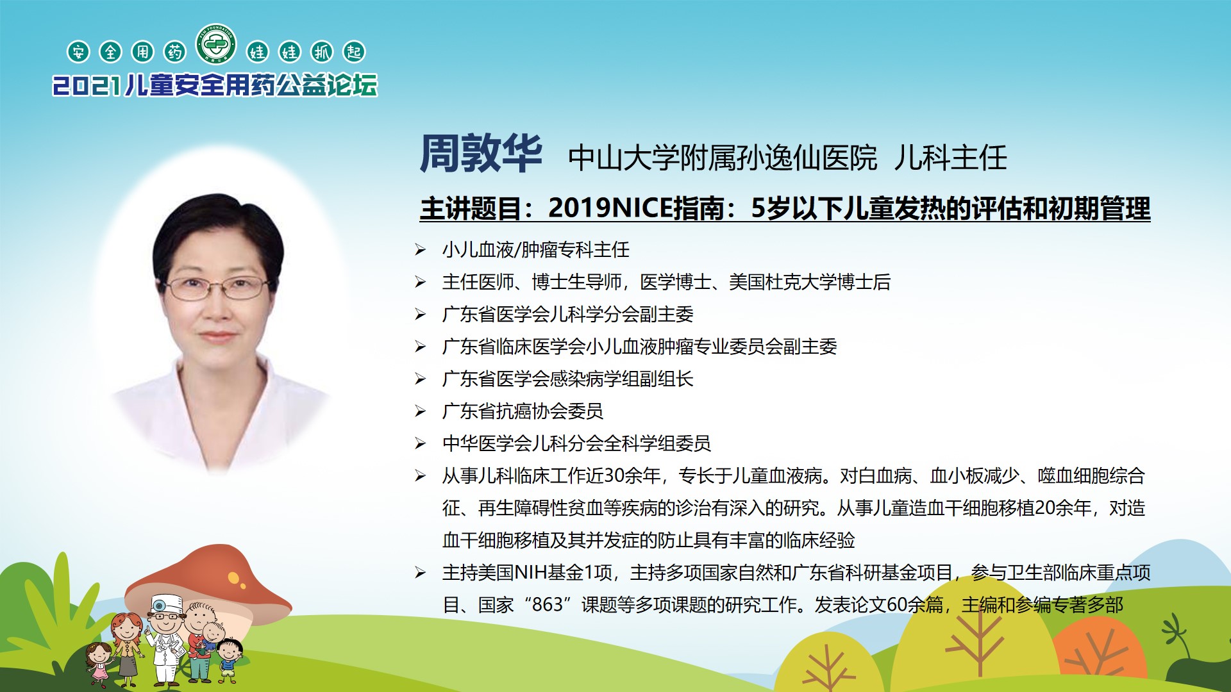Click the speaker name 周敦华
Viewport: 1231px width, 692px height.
481,154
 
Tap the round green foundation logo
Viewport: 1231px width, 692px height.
216,44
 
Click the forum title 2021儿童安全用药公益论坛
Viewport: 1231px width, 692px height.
215,85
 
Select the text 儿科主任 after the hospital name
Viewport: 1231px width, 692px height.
951,158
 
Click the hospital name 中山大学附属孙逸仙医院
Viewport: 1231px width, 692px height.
723,158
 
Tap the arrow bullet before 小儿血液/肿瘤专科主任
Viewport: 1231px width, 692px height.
420,250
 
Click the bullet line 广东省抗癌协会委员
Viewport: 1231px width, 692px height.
523,411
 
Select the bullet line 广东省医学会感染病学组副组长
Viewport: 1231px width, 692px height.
568,379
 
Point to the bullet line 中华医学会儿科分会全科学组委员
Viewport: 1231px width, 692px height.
576,443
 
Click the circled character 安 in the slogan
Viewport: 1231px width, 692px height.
78,52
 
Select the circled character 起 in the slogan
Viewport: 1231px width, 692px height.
354,52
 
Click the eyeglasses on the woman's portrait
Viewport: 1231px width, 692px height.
217,288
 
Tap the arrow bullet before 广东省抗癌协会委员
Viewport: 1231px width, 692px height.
420,411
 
